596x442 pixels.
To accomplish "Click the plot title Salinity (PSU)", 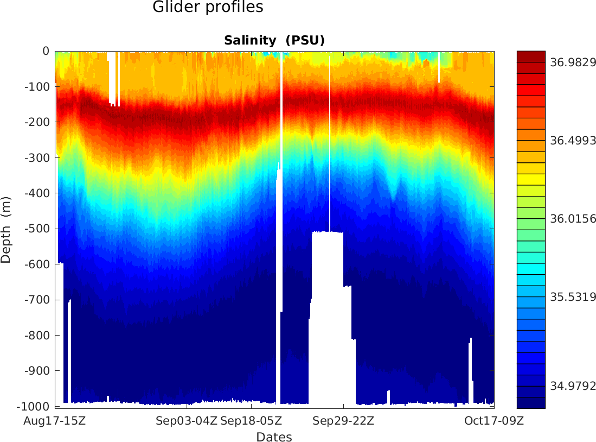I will tap(274, 41).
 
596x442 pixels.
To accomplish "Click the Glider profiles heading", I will tap(208, 8).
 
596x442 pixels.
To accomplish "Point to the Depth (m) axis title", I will tap(6, 229).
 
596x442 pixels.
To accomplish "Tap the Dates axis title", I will tap(274, 437).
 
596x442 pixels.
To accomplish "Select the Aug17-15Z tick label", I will tap(55, 421).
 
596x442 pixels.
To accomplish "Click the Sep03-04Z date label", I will tap(187, 421).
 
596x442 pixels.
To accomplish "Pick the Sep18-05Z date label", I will tap(251, 421).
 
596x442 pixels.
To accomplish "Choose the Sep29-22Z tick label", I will tap(343, 421).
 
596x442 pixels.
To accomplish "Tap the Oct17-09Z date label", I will tap(493, 421).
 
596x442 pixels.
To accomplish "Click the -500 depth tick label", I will tap(37, 229).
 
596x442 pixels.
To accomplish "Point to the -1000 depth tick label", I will tap(34, 407).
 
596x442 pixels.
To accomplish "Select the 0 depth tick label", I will tap(46, 51).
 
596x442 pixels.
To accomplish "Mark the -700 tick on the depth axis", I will tap(37, 300).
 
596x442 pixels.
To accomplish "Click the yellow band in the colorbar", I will tap(531, 179).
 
